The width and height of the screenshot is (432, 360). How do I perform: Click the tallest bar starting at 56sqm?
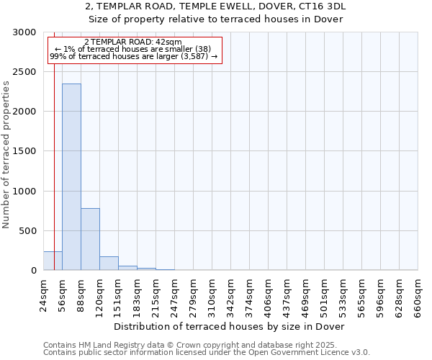71,177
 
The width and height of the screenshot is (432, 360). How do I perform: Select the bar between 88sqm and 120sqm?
90,239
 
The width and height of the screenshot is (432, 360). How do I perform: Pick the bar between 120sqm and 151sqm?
109,264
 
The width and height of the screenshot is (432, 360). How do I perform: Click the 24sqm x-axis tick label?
43,294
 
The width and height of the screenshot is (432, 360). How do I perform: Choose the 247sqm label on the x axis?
174,294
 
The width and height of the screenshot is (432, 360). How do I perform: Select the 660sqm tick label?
418,294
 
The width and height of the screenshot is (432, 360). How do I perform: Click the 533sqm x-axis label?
343,294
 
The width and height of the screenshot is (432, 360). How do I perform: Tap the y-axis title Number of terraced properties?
6,155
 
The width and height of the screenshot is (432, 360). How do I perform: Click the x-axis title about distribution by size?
230,326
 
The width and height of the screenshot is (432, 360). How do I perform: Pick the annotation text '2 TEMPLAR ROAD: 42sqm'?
133,42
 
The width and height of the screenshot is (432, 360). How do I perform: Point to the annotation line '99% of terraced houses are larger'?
133,56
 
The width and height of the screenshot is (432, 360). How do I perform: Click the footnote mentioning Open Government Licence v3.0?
207,353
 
